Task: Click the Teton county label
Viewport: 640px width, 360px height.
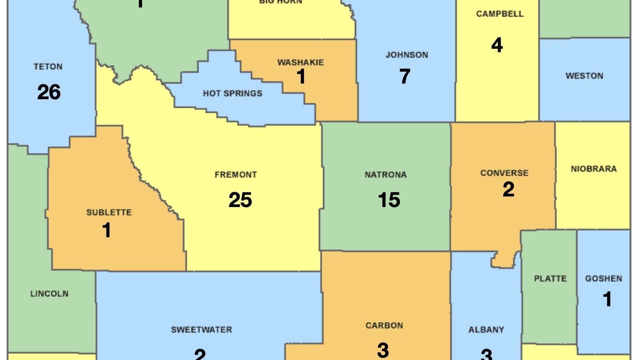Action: click(48, 67)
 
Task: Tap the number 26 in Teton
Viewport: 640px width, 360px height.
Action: click(49, 92)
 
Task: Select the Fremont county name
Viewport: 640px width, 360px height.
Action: click(236, 175)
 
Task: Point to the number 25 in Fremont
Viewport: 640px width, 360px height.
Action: click(240, 200)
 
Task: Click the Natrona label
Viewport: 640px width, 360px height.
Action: click(385, 175)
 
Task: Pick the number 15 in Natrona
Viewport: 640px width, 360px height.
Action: click(389, 200)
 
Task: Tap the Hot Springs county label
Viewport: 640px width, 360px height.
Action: click(233, 93)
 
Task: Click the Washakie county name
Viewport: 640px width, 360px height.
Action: click(300, 62)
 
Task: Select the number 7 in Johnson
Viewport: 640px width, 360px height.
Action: click(405, 76)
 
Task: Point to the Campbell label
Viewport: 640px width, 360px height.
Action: click(500, 14)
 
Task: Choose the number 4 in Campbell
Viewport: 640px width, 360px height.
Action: click(497, 45)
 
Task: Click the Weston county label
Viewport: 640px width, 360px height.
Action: click(584, 76)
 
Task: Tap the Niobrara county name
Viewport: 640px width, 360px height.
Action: click(594, 169)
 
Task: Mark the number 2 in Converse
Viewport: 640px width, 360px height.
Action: click(508, 189)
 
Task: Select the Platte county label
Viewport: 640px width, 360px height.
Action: click(550, 278)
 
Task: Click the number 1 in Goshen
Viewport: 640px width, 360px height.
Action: click(607, 299)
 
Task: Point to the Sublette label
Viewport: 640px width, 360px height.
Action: click(109, 213)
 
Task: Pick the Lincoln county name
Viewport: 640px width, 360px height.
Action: click(49, 293)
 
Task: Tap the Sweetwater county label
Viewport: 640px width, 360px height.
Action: click(202, 329)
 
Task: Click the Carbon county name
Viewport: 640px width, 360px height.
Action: click(384, 325)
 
